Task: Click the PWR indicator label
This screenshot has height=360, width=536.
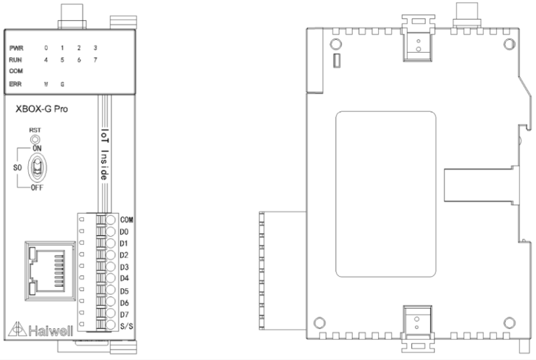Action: tap(16, 49)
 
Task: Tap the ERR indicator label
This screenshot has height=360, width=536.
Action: tap(15, 84)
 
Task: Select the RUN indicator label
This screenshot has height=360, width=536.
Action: tap(15, 60)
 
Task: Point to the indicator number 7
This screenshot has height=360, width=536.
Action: tap(96, 60)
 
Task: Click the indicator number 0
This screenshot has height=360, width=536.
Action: tap(46, 48)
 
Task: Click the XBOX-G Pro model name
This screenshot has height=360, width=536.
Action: tap(42, 109)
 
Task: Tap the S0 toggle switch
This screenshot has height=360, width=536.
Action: tap(37, 168)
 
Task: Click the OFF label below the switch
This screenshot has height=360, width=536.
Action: tap(37, 188)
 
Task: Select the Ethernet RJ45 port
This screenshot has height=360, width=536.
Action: tap(50, 271)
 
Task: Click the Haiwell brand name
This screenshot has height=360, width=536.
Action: tap(51, 330)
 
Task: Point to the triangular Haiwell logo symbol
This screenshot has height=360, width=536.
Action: tap(17, 329)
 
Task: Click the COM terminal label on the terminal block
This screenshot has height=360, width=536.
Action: tap(127, 219)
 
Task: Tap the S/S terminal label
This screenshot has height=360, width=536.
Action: tap(127, 326)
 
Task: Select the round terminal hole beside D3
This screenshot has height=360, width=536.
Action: tap(110, 267)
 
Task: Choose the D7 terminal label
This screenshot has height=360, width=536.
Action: tap(124, 314)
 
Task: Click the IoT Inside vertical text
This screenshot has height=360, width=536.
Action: tap(104, 154)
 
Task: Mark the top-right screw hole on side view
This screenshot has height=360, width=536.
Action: tap(509, 44)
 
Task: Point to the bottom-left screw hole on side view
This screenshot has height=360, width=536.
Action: tap(319, 323)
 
